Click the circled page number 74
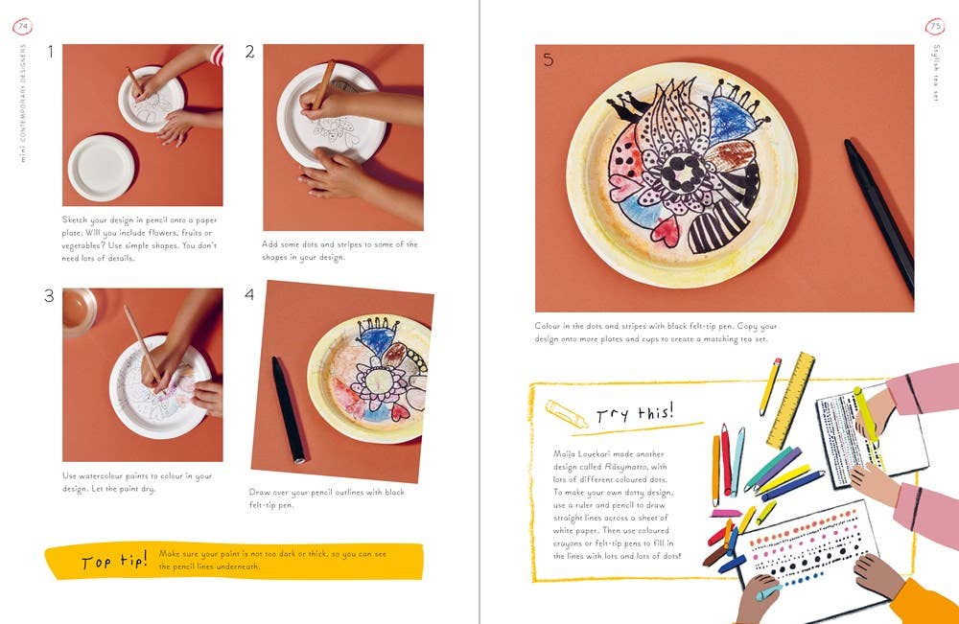click(23, 26)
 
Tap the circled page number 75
click(934, 27)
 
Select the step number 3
click(49, 296)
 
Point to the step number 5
click(548, 59)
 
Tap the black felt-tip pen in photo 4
click(288, 408)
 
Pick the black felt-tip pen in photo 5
click(878, 215)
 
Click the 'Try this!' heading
click(635, 414)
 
